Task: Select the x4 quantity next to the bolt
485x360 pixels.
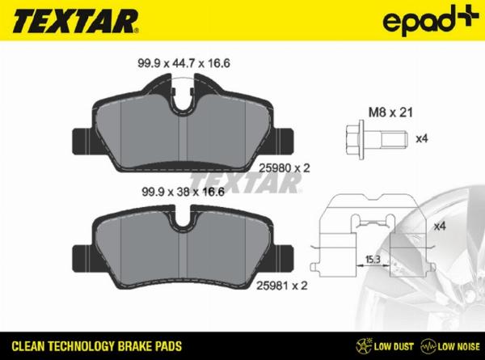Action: click(x=420, y=138)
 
